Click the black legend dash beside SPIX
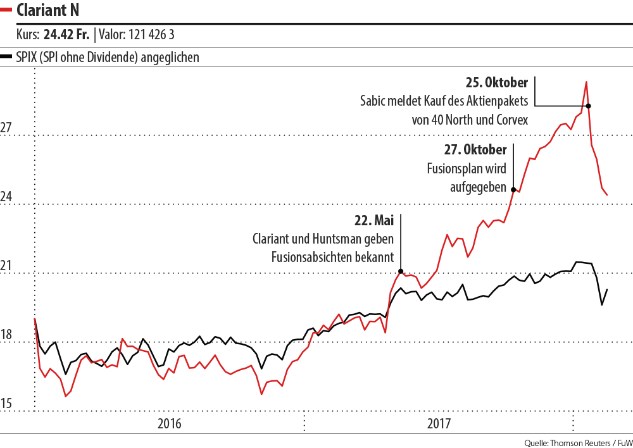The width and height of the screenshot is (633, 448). [7, 57]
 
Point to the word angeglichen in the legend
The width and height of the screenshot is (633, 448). [170, 58]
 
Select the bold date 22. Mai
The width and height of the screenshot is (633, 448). [373, 221]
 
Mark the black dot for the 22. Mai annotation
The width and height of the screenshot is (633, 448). [401, 271]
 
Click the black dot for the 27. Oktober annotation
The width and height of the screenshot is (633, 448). [513, 189]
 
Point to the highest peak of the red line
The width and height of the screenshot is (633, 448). [586, 82]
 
